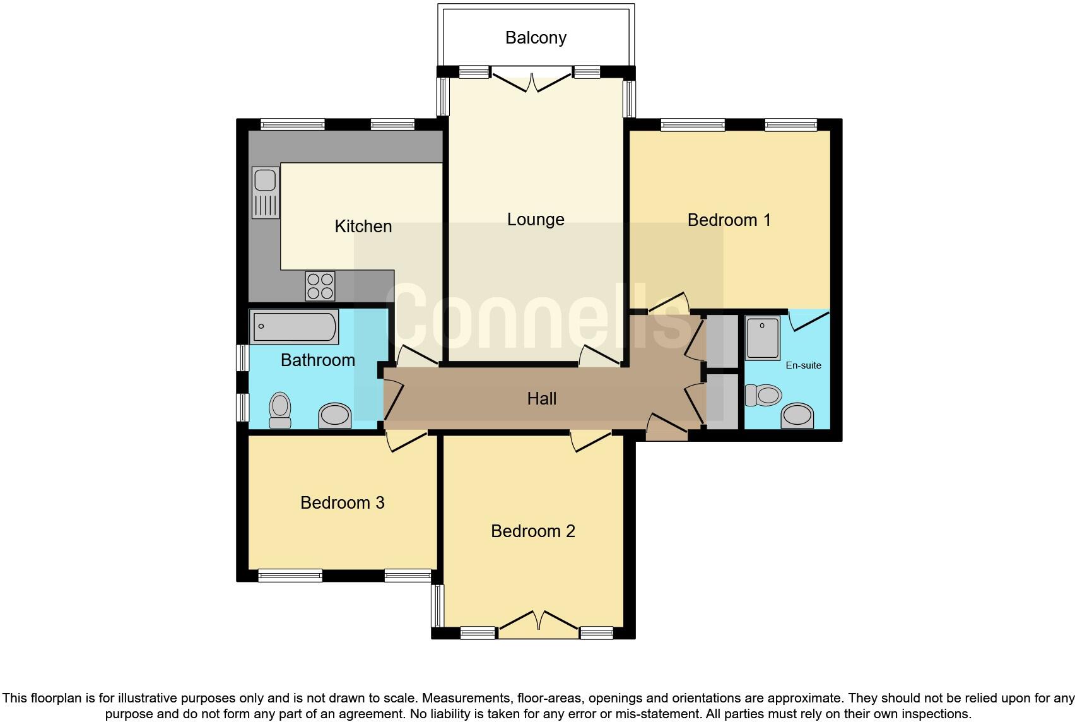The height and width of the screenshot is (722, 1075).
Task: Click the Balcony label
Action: (536, 38)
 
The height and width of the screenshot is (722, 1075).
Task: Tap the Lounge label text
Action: (536, 220)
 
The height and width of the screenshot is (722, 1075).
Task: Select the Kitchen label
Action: (363, 226)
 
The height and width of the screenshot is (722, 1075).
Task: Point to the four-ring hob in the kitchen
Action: (320, 286)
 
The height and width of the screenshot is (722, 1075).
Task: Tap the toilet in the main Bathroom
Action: (280, 410)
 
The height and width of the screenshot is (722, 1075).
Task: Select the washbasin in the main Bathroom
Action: (334, 416)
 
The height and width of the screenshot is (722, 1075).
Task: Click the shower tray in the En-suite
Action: (763, 337)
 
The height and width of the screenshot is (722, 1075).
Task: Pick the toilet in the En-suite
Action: (763, 396)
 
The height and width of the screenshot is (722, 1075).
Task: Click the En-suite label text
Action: (803, 365)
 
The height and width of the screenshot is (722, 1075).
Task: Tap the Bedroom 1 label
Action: (729, 220)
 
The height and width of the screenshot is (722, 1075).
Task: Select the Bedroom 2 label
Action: (532, 531)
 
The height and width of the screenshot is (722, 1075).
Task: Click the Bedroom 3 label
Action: (342, 503)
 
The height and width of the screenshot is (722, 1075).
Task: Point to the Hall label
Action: (541, 398)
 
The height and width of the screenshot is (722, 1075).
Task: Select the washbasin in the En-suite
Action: (797, 416)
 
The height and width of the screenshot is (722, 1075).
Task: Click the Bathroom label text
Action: (317, 360)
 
